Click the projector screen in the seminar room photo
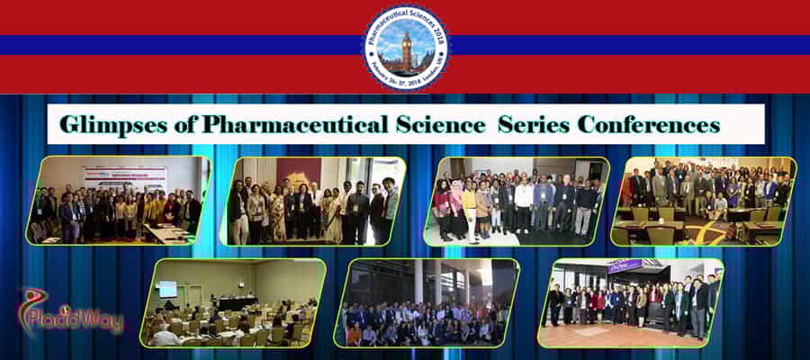tap(167, 290)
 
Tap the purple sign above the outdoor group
tap(626, 265)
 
